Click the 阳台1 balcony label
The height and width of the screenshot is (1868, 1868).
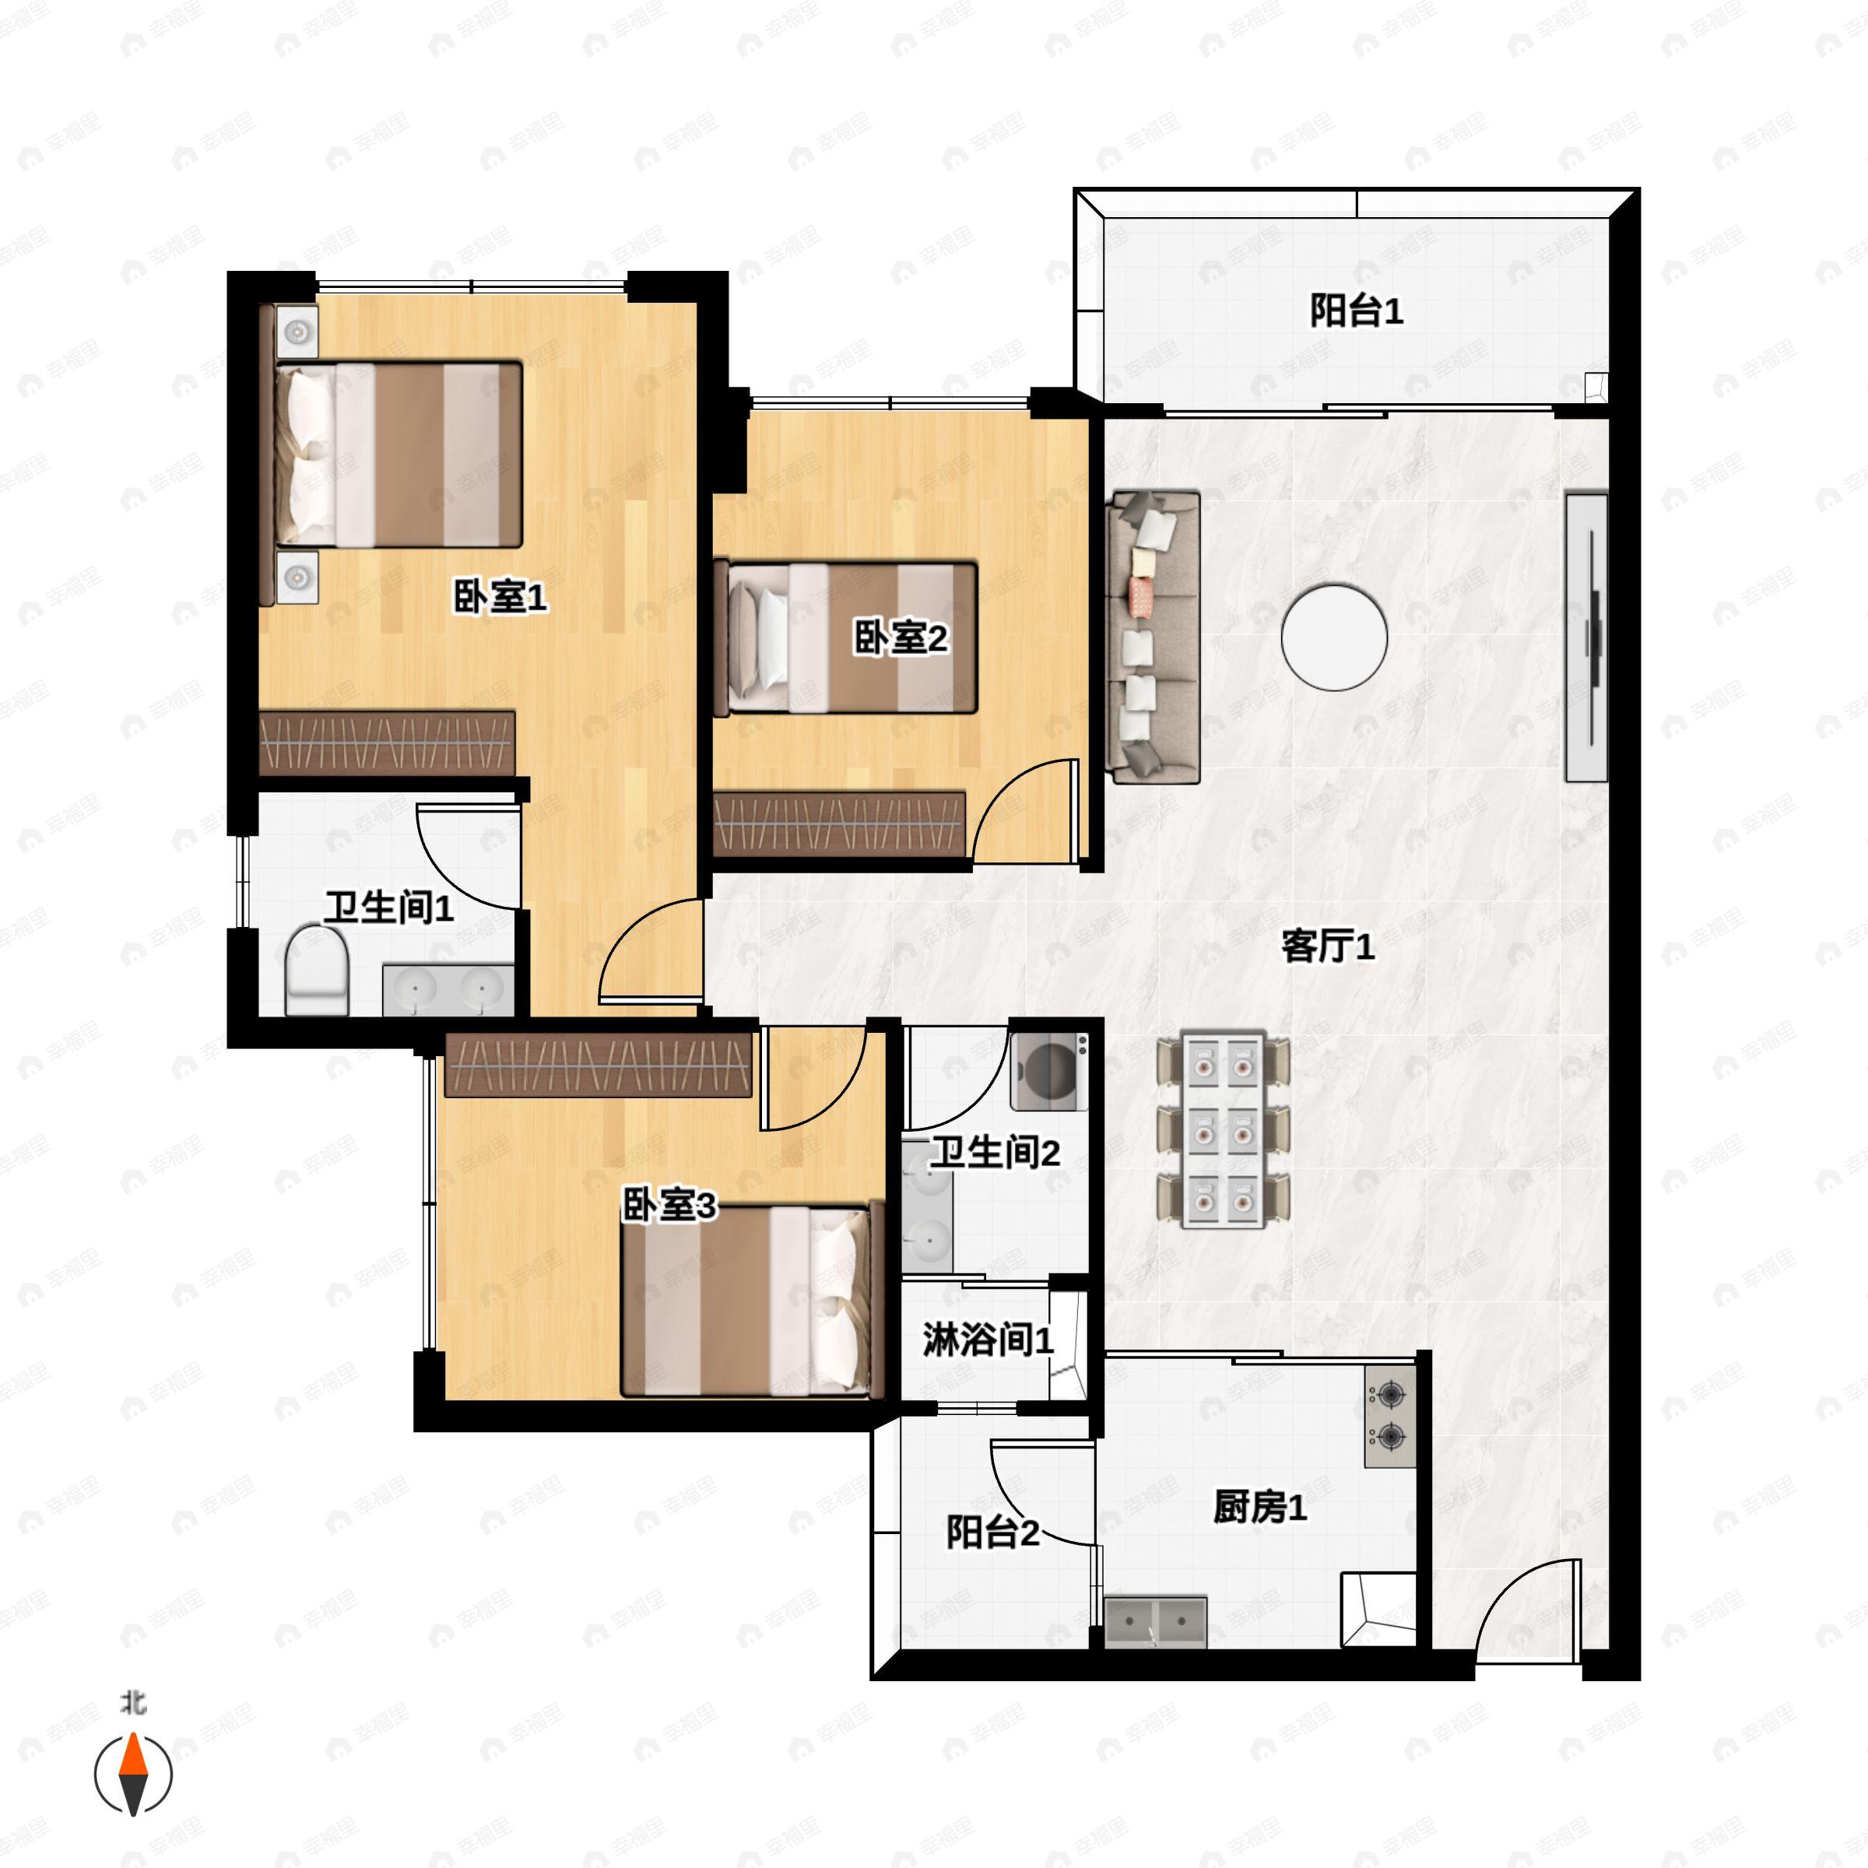(1356, 311)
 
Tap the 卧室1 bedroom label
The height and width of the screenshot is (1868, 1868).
(500, 596)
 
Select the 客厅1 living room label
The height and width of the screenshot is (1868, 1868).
(1328, 946)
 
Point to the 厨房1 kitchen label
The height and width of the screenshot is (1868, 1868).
(1260, 1506)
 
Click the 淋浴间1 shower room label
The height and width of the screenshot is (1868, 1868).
(987, 1340)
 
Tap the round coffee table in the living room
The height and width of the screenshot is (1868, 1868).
(1334, 637)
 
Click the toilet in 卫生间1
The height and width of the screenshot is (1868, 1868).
(317, 971)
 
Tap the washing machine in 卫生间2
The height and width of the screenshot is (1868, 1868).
(1049, 1070)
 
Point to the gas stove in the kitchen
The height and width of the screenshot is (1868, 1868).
(1390, 1417)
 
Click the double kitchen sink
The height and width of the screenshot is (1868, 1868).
(1155, 1621)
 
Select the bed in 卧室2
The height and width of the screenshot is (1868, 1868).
(846, 638)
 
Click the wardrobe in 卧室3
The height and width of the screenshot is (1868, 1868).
(599, 1065)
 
